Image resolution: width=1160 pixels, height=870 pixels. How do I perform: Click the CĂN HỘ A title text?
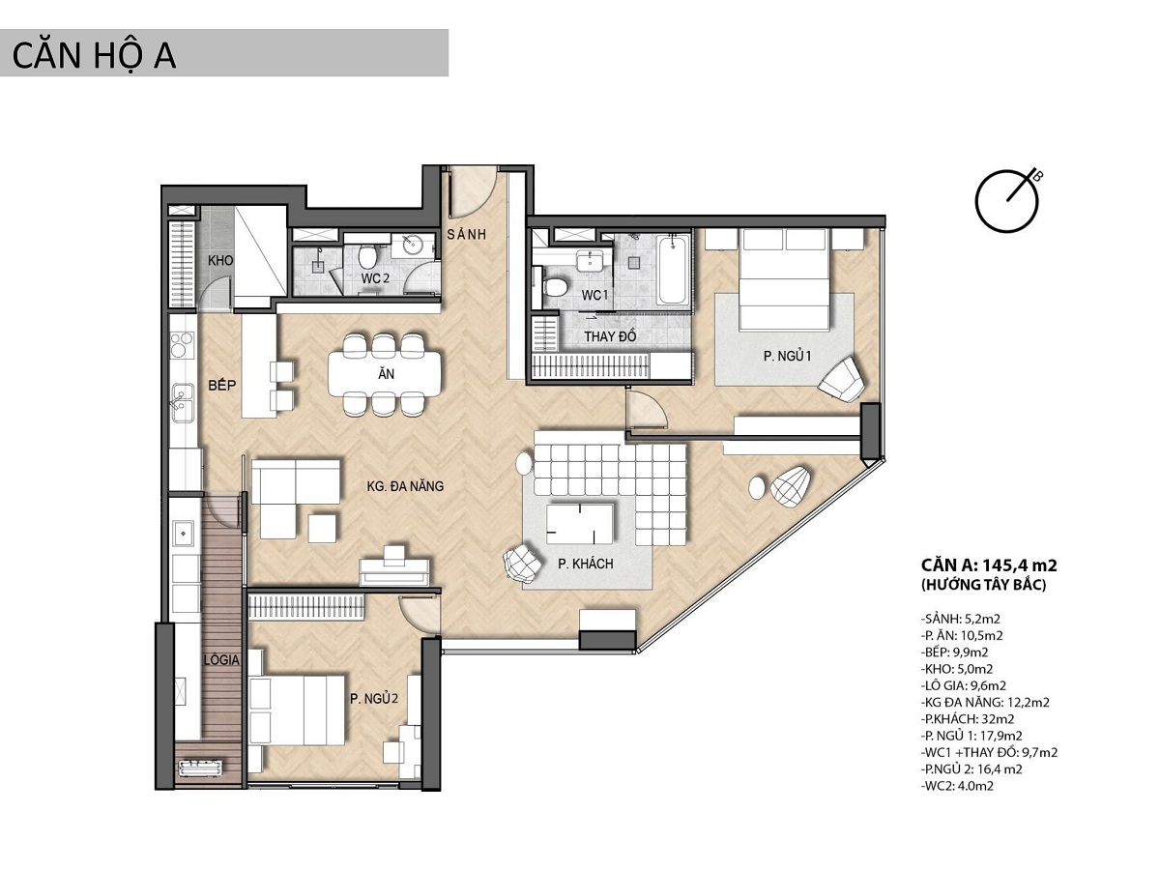[94, 56]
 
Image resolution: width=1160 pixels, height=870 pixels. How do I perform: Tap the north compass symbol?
[1005, 201]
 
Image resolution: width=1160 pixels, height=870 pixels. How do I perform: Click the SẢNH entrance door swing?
[473, 191]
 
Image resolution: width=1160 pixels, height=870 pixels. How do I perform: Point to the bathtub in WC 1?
[672, 270]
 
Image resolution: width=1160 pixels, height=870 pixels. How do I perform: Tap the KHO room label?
[219, 260]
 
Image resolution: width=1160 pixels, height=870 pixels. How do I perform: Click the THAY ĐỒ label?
[610, 336]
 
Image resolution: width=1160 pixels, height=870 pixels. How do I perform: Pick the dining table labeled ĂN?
[386, 373]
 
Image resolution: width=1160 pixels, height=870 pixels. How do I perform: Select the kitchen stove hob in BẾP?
[183, 344]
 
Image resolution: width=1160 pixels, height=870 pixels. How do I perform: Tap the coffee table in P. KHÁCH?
[580, 524]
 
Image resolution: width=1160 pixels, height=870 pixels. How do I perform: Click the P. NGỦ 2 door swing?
[420, 615]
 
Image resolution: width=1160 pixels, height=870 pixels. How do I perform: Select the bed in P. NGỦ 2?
[297, 710]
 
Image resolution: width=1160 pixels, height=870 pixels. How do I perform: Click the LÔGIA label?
[222, 660]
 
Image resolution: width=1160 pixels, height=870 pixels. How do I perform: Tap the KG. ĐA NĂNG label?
[405, 486]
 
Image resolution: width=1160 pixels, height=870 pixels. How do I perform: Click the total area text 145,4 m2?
[1019, 565]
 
